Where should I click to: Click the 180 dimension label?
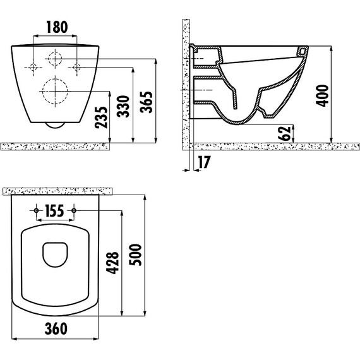click(57, 27)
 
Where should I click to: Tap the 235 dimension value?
click(101, 117)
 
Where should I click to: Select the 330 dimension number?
click(123, 107)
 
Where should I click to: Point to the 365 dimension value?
click(147, 102)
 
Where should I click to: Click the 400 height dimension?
click(322, 96)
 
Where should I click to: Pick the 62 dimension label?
click(284, 133)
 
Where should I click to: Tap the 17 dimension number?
click(204, 162)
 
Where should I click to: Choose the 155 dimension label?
click(55, 211)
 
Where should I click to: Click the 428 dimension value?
click(112, 263)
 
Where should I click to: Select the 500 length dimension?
click(135, 255)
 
